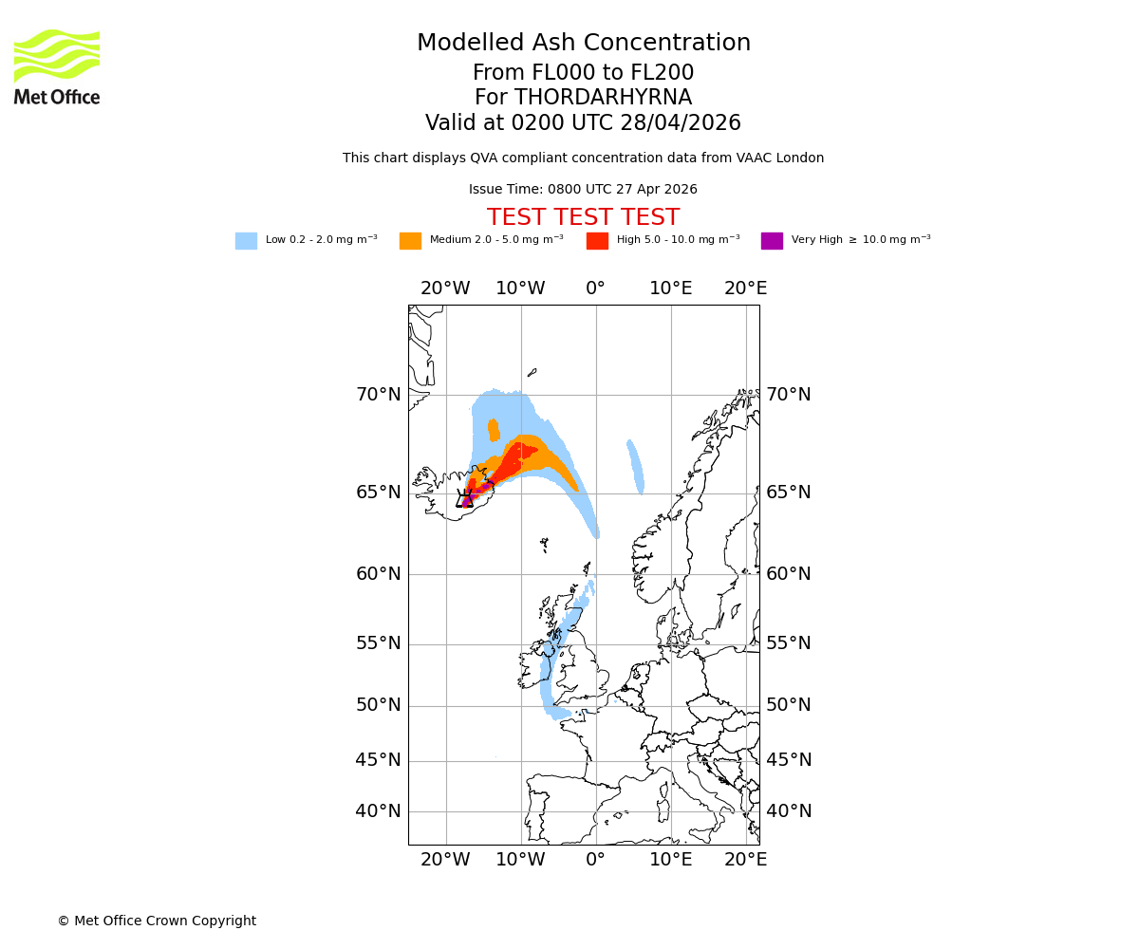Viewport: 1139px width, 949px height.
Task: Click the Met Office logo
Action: pyautogui.click(x=57, y=66)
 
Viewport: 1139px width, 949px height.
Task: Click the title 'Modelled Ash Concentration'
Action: pyautogui.click(x=583, y=43)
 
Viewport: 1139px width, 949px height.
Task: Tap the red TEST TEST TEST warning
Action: pyautogui.click(x=583, y=217)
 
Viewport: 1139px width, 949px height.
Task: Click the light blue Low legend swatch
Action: pyautogui.click(x=246, y=240)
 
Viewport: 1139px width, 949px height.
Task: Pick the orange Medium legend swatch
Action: pyautogui.click(x=410, y=240)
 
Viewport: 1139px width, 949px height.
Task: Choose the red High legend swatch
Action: pyautogui.click(x=597, y=240)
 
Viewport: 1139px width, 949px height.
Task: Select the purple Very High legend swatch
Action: pyautogui.click(x=772, y=240)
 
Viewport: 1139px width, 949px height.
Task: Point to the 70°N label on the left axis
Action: pyautogui.click(x=378, y=395)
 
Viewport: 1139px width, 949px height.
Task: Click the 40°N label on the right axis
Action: pyautogui.click(x=789, y=811)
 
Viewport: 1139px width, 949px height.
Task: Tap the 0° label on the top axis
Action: pyautogui.click(x=595, y=288)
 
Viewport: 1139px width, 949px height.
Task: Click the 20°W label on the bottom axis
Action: pyautogui.click(x=445, y=860)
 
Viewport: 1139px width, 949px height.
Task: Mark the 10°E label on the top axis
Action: pyautogui.click(x=670, y=288)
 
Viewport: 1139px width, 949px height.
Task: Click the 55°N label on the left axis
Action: pyautogui.click(x=378, y=643)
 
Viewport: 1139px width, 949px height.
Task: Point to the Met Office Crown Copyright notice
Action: pyautogui.click(x=157, y=921)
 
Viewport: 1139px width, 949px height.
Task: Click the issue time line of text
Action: pyautogui.click(x=583, y=189)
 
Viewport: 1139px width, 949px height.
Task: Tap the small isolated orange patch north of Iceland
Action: pyautogui.click(x=494, y=430)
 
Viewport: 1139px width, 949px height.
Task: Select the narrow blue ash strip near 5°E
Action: pyautogui.click(x=635, y=467)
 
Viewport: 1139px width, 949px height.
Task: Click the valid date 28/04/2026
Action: pyautogui.click(x=681, y=123)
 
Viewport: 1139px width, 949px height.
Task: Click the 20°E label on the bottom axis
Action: pyautogui.click(x=745, y=860)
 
